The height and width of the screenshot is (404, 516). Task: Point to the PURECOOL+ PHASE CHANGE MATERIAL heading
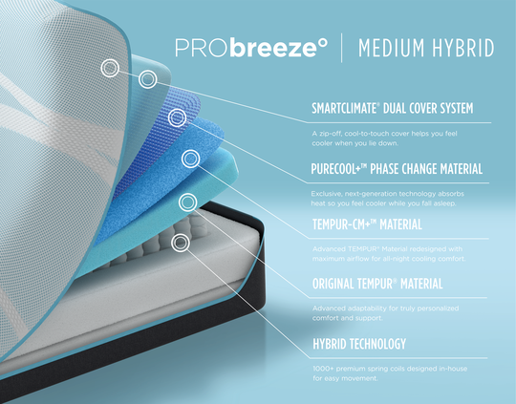397,169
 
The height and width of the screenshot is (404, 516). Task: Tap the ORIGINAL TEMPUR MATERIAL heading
376,284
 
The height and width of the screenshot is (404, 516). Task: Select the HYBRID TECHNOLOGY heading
358,344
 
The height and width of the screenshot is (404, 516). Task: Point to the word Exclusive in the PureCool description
329,192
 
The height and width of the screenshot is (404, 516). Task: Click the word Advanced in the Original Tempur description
331,308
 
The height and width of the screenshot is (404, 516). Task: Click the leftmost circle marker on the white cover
111,68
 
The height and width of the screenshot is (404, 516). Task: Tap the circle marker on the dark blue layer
177,118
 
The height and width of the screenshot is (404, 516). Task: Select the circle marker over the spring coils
179,244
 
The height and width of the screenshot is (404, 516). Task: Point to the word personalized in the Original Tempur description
438,308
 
